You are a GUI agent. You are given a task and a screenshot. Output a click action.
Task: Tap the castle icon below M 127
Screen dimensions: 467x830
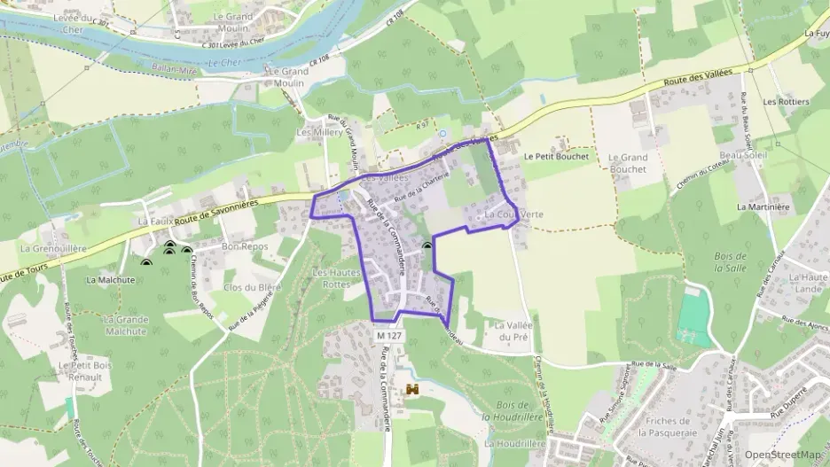click(412, 390)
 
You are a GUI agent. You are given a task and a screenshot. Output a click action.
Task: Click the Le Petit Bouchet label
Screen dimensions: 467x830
click(556, 156)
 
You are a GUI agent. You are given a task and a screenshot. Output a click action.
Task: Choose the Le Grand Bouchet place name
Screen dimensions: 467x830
click(628, 163)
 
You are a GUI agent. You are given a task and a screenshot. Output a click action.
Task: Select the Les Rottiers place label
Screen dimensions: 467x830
click(786, 102)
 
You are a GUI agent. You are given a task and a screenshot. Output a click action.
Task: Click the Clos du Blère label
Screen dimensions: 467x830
click(253, 287)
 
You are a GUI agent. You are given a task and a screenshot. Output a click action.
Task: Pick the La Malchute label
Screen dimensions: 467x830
click(111, 279)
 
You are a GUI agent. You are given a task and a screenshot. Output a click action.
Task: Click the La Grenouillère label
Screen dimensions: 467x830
click(53, 249)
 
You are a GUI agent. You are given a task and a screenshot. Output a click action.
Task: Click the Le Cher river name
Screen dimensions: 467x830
click(225, 62)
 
